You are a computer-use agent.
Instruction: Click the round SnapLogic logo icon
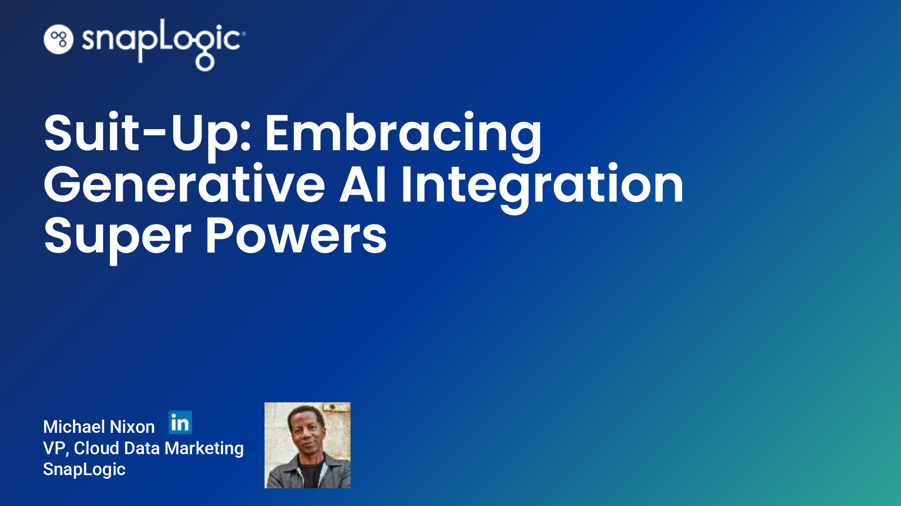58,39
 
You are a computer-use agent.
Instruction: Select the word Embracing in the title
403,136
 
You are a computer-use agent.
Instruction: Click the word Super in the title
118,238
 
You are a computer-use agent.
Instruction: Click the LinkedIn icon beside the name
180,422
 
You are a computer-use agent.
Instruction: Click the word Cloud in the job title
97,448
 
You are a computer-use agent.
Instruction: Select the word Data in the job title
142,448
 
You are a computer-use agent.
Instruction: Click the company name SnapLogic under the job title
84,470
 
